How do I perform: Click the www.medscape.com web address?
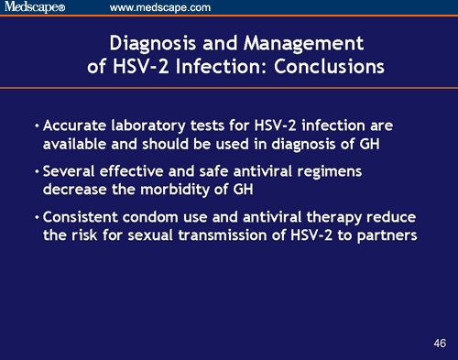coord(160,8)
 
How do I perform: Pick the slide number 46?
coord(440,343)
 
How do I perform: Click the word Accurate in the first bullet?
coord(72,125)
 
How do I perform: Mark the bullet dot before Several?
coord(36,171)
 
